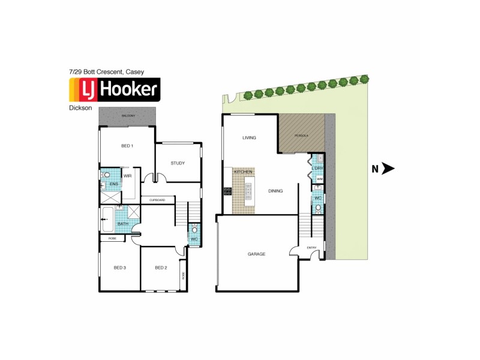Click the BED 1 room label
pos(127,146)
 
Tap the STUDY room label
pos(177,163)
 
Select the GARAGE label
pos(256,254)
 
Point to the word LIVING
pos(249,138)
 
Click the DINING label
pos(275,191)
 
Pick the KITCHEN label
pos(243,172)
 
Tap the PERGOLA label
pos(301,136)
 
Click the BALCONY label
pos(128,116)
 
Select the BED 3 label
pos(120,268)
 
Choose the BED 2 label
pos(161,268)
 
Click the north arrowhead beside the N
pos(388,169)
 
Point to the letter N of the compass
pos(375,169)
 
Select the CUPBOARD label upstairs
pos(157,200)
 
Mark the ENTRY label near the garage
pos(311,248)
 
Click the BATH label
pos(122,224)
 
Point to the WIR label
pos(127,176)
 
